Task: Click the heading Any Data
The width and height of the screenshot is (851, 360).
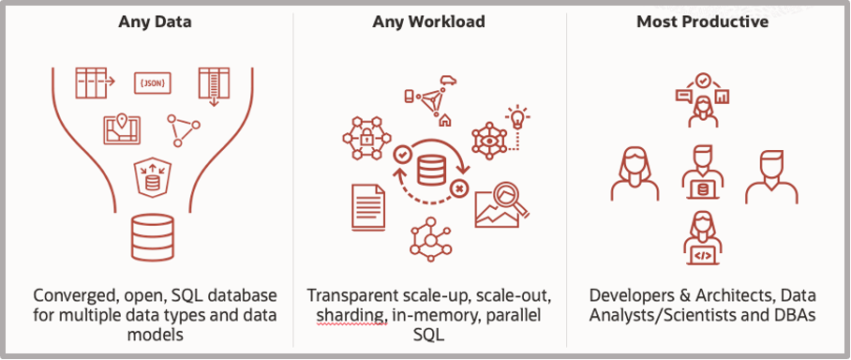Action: coord(146,22)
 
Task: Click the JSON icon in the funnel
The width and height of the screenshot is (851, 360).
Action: coord(153,83)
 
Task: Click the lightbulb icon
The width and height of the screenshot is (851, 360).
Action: coord(515,117)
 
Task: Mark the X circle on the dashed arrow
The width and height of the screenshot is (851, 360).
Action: coord(458,188)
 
